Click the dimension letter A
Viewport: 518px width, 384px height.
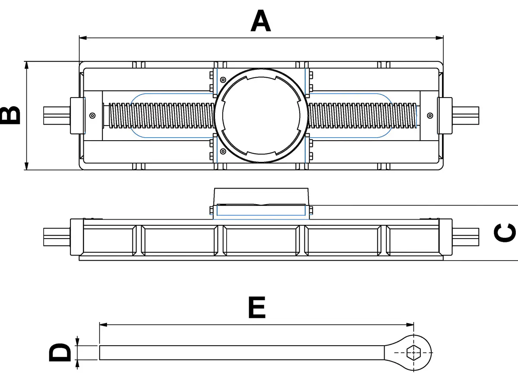click(x=261, y=22)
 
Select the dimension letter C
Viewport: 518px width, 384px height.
click(x=505, y=233)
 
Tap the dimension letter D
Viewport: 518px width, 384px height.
click(x=60, y=353)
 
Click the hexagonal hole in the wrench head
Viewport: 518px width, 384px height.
click(x=414, y=353)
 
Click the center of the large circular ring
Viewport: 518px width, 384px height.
click(x=261, y=115)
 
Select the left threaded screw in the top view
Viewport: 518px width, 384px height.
click(x=160, y=115)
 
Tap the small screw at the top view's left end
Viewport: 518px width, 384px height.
click(x=92, y=115)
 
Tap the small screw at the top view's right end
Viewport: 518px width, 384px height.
click(x=430, y=115)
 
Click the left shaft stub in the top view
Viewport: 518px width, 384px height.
click(x=56, y=115)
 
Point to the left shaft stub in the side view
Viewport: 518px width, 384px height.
click(x=56, y=236)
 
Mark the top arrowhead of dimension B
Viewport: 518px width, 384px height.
click(x=27, y=65)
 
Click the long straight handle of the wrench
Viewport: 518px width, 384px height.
click(x=242, y=353)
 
